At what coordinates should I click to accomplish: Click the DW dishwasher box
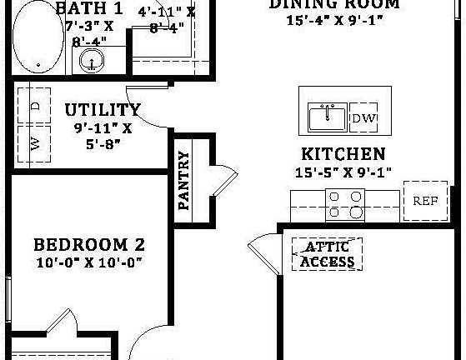pos(363,118)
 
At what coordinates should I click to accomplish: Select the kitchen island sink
pos(328,117)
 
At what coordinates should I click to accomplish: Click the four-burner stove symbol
pos(345,204)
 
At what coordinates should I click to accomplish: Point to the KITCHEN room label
pos(343,154)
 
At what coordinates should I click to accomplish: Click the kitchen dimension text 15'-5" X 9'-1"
pos(343,172)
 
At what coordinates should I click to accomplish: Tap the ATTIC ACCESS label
pos(328,254)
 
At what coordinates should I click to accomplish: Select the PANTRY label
pos(185,180)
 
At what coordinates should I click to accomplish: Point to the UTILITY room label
pos(103,110)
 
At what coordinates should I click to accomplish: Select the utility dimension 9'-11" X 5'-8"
pos(103,135)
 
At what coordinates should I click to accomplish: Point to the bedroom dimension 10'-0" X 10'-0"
pos(89,263)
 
